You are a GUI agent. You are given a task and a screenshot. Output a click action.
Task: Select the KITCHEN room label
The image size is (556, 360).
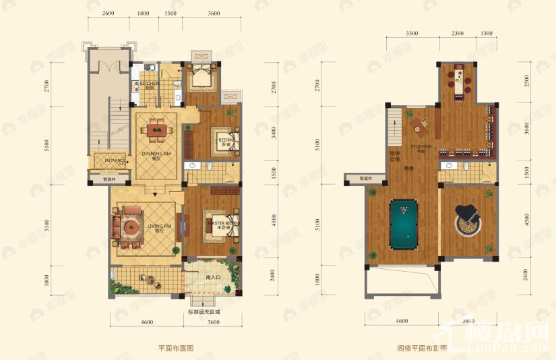pyautogui.click(x=149, y=84)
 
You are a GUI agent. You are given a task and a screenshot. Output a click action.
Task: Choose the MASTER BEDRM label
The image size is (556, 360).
pyautogui.click(x=221, y=223)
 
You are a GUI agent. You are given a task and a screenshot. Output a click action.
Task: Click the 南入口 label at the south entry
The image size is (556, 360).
pyautogui.click(x=214, y=277)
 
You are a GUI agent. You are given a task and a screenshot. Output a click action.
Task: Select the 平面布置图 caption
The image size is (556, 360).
pyautogui.click(x=176, y=348)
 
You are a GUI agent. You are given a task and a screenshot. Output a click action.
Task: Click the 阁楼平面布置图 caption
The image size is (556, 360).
pyautogui.click(x=423, y=349)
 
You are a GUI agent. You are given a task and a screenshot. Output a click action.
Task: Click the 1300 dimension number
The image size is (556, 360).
pyautogui.click(x=487, y=32)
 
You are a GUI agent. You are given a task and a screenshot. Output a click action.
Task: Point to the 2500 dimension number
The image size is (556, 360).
pyautogui.click(x=527, y=82)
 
